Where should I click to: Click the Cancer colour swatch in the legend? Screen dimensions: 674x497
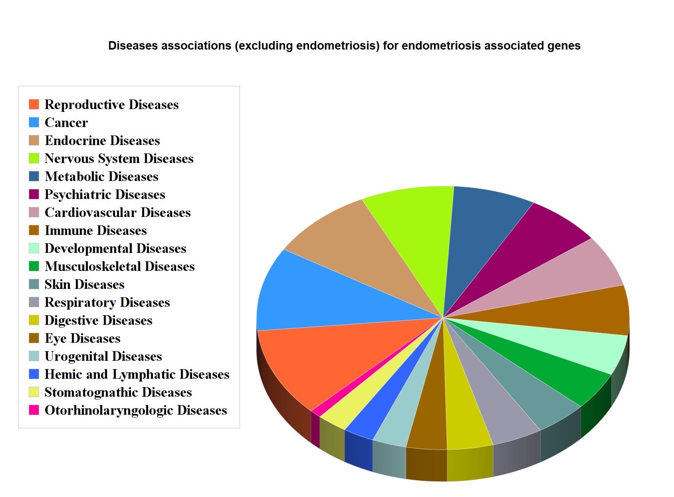[34, 122]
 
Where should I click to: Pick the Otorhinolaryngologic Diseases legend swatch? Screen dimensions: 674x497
[34, 410]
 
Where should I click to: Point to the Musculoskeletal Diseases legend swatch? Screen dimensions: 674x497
[34, 266]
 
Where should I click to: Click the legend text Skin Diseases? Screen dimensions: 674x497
[84, 284]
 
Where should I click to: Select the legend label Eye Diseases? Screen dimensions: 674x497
[82, 338]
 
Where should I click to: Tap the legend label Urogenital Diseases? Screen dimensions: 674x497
[103, 356]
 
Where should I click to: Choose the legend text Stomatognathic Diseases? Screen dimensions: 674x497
[118, 392]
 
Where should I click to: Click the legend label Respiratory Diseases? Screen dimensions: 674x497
[107, 302]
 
